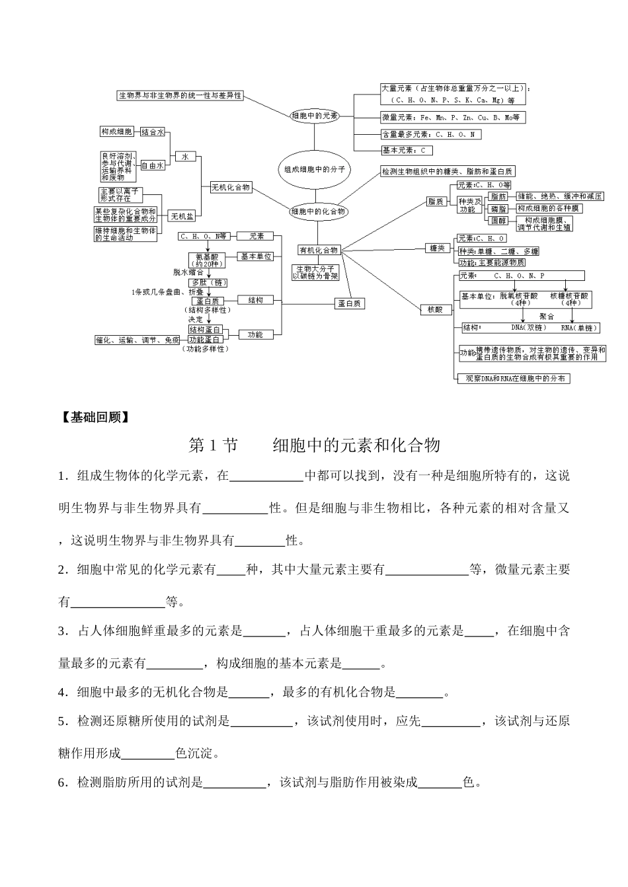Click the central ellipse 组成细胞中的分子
(x=315, y=169)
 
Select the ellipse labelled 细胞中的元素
(x=315, y=115)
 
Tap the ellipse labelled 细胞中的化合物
(x=318, y=212)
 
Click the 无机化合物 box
(x=231, y=187)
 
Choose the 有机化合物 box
(x=319, y=250)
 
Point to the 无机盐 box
(x=182, y=216)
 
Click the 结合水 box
(x=152, y=132)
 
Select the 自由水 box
(x=152, y=166)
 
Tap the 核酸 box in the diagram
(x=435, y=309)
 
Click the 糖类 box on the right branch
(x=437, y=248)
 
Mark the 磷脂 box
(x=498, y=208)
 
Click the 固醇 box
(x=498, y=220)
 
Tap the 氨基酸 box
(x=206, y=258)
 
